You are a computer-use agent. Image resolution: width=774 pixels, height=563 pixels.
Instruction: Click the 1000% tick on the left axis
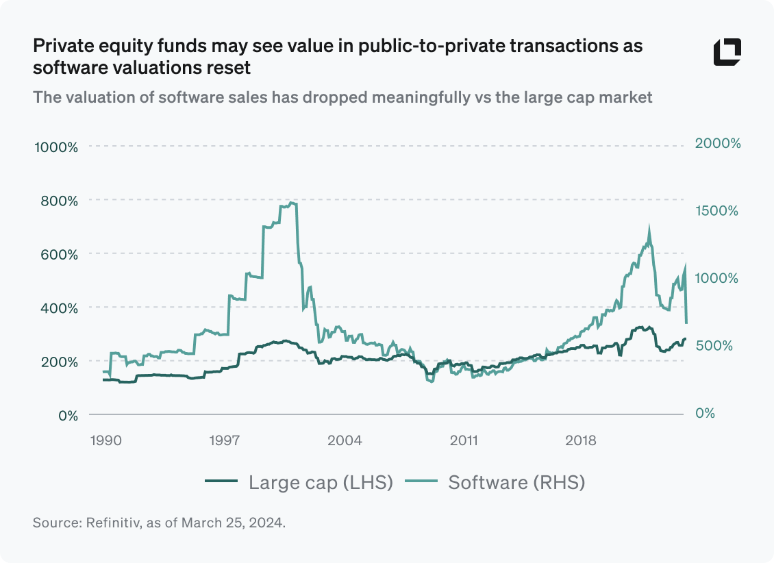pyautogui.click(x=55, y=147)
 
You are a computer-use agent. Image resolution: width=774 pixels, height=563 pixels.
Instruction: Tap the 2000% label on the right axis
pyautogui.click(x=718, y=143)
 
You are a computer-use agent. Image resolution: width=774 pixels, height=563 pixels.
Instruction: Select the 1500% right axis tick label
pyautogui.click(x=717, y=210)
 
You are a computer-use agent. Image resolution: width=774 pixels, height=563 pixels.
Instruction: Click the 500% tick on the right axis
pyautogui.click(x=714, y=345)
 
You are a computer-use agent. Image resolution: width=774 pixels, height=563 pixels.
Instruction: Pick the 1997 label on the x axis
pyautogui.click(x=225, y=440)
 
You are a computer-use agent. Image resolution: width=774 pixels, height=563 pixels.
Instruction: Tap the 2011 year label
pyautogui.click(x=464, y=440)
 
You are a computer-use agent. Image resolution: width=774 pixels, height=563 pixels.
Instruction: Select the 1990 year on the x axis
pyautogui.click(x=105, y=440)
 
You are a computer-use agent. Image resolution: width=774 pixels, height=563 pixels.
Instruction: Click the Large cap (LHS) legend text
pyautogui.click(x=321, y=482)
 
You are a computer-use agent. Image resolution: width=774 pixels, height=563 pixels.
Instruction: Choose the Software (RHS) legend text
pyautogui.click(x=516, y=482)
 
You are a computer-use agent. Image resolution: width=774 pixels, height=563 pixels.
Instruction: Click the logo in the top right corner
pyautogui.click(x=727, y=52)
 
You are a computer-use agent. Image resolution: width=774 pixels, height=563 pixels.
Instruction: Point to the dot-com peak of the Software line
pyautogui.click(x=292, y=203)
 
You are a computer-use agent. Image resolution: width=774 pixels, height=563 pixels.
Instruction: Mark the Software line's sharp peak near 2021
pyautogui.click(x=649, y=228)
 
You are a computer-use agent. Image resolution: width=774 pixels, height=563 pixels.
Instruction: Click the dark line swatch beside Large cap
pyautogui.click(x=221, y=482)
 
